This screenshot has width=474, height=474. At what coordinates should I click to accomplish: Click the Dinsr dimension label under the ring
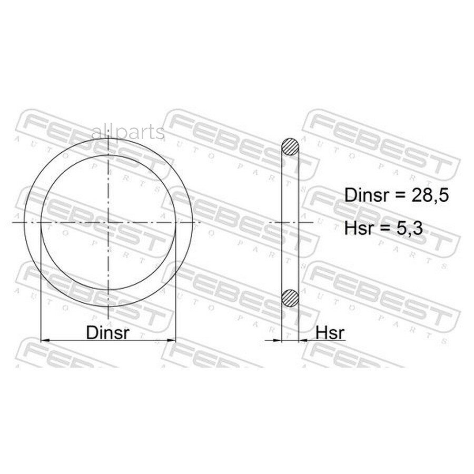[107, 332]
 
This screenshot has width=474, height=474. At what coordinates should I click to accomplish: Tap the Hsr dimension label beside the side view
[330, 332]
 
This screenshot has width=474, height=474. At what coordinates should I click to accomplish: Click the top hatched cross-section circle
[290, 147]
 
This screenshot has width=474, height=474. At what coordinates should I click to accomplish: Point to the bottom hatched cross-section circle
[290, 298]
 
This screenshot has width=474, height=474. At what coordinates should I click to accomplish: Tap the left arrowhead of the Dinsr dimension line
[45, 340]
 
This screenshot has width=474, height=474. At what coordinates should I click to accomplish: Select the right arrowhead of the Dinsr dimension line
[171, 340]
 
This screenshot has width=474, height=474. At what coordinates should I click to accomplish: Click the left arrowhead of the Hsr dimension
[277, 340]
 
